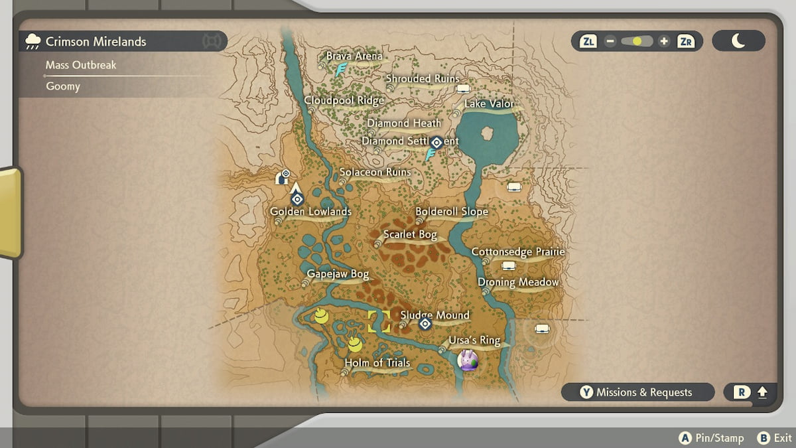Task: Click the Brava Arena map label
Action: tap(354, 56)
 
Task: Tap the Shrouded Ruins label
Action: tap(423, 79)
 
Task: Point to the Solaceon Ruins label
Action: tap(375, 173)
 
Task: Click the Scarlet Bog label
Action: tap(410, 235)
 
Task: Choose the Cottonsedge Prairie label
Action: tap(517, 252)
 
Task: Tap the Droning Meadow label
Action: tap(518, 282)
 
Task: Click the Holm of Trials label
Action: tap(377, 363)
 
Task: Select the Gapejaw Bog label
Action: tap(338, 274)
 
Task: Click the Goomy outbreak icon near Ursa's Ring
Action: tap(468, 360)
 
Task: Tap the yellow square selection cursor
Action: tap(379, 321)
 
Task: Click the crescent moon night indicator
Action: tap(738, 41)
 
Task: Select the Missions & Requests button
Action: tap(637, 392)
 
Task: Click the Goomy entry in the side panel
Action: tap(63, 86)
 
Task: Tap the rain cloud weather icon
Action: tap(31, 42)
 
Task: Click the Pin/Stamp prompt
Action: tap(711, 438)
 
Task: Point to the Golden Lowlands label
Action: tap(310, 212)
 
